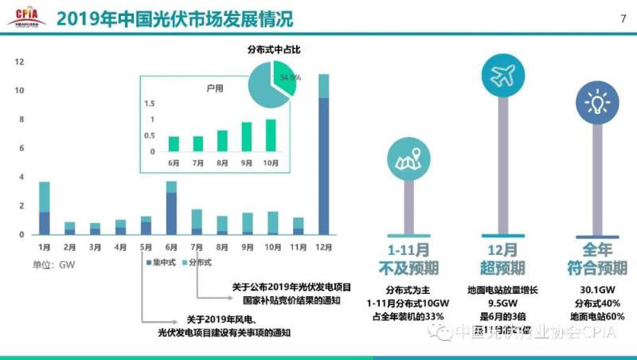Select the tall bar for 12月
(323, 155)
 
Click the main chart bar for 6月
(171, 209)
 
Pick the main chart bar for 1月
(45, 209)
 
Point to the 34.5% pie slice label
(289, 77)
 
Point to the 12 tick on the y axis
(18, 61)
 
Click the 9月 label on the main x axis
(248, 248)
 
